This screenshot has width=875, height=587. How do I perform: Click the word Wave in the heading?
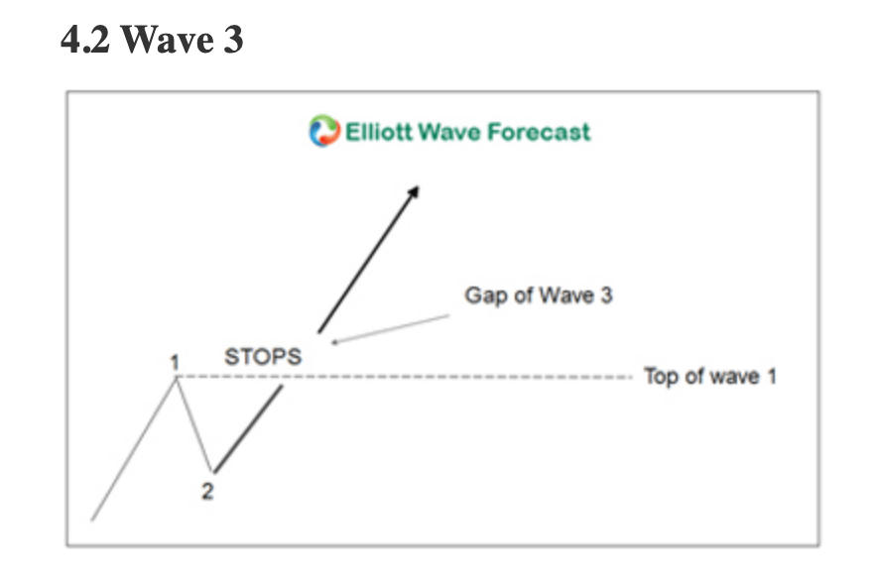pyautogui.click(x=168, y=40)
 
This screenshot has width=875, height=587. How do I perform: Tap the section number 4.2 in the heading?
pyautogui.click(x=85, y=40)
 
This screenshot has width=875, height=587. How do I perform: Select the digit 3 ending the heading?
pyautogui.click(x=233, y=40)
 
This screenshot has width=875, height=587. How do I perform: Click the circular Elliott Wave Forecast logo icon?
pyautogui.click(x=324, y=131)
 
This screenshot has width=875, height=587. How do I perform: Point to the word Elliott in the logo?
pyautogui.click(x=378, y=132)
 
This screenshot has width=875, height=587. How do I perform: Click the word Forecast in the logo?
pyautogui.click(x=539, y=132)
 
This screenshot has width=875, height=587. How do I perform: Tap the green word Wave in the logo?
pyautogui.click(x=449, y=132)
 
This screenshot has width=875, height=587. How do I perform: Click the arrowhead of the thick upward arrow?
pyautogui.click(x=414, y=190)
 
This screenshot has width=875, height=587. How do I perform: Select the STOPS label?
pyautogui.click(x=263, y=357)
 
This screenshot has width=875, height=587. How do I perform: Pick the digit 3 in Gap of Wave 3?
pyautogui.click(x=606, y=294)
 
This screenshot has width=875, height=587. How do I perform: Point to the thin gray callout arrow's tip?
pyautogui.click(x=332, y=343)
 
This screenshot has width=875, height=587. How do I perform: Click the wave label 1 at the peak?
pyautogui.click(x=175, y=363)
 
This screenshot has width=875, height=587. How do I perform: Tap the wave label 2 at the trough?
pyautogui.click(x=207, y=491)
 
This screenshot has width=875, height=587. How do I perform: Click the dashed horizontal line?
pyautogui.click(x=405, y=377)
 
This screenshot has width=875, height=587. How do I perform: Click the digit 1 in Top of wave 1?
pyautogui.click(x=772, y=376)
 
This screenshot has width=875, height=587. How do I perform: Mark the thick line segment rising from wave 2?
pyautogui.click(x=248, y=429)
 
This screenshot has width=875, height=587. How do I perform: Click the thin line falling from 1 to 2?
pyautogui.click(x=194, y=425)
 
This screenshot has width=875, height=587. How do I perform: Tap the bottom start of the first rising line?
pyautogui.click(x=92, y=521)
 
